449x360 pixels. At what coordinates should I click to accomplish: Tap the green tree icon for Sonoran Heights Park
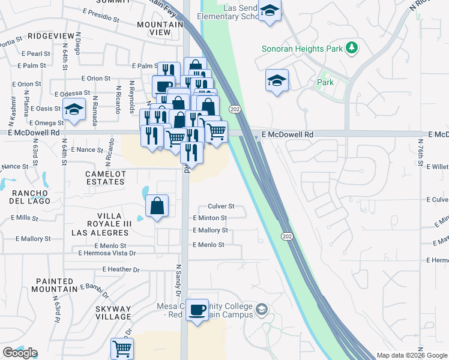tap(354, 47)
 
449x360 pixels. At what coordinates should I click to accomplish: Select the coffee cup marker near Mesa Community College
tap(197, 310)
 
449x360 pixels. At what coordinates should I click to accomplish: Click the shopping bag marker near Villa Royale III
tap(157, 206)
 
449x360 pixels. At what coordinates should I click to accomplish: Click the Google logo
tap(20, 353)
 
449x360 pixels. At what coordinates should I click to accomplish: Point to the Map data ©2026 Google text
tap(412, 355)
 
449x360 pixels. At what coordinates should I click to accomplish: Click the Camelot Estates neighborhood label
tap(106, 177)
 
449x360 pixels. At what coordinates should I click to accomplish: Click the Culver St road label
tap(220, 206)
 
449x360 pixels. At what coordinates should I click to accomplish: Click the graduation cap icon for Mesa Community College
tap(261, 310)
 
